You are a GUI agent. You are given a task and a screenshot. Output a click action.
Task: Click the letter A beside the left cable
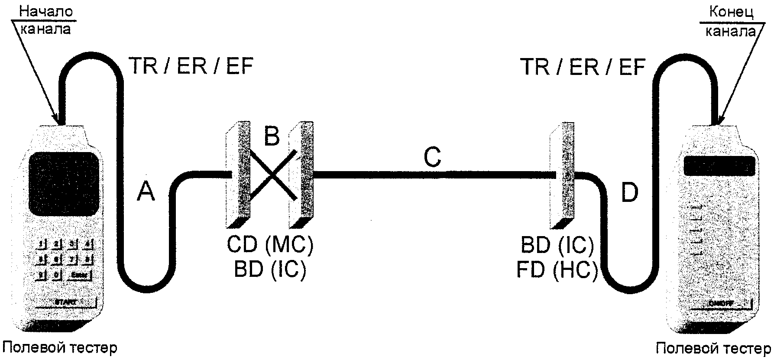tap(146, 191)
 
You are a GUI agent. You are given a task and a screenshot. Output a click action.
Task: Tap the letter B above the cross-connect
tap(272, 136)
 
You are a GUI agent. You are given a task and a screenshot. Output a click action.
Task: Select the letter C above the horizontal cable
tap(432, 157)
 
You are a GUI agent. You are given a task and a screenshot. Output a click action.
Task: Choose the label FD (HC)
tap(557, 270)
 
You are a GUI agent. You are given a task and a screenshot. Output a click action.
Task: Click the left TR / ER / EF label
tap(191, 67)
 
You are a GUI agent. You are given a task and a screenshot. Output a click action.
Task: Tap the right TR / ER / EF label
tap(583, 67)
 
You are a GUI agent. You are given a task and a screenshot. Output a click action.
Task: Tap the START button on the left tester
tap(65, 302)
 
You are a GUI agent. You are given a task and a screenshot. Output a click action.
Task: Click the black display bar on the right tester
tap(719, 165)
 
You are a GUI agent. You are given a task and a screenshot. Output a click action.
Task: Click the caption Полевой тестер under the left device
tap(60, 347)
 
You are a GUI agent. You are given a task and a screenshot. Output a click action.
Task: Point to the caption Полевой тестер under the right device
tap(713, 348)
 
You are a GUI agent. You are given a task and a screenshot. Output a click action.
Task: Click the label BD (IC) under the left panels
tap(270, 269)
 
